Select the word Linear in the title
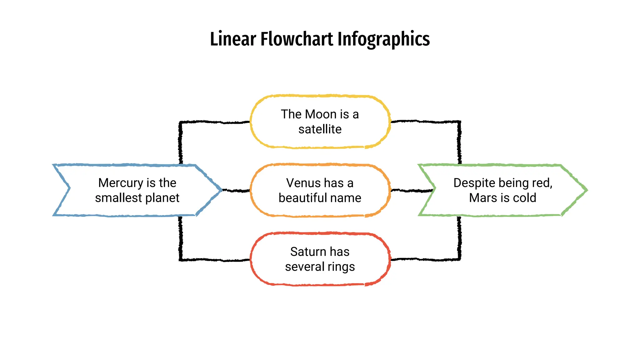click(x=233, y=39)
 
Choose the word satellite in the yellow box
click(x=320, y=129)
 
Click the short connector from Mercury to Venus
click(x=236, y=190)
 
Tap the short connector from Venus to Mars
click(x=412, y=190)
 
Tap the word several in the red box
click(x=305, y=267)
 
